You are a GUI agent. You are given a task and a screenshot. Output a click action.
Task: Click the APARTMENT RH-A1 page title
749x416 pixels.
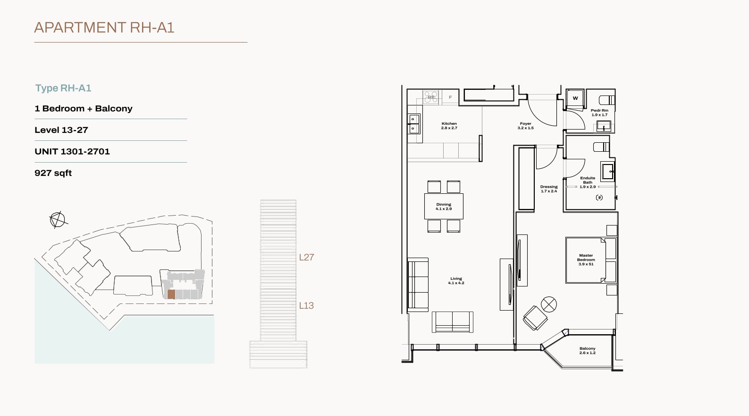click(104, 27)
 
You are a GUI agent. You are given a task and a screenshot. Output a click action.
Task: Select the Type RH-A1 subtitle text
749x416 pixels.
click(63, 88)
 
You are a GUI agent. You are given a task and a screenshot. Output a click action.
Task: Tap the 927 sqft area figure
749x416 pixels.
click(53, 173)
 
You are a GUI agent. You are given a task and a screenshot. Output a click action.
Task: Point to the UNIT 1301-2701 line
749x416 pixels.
click(72, 151)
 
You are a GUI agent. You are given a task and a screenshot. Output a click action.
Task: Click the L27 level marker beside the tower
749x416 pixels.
click(306, 257)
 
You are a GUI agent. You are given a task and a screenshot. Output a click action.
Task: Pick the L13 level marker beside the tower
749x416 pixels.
click(306, 305)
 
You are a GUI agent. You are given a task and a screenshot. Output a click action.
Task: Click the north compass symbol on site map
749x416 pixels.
click(58, 220)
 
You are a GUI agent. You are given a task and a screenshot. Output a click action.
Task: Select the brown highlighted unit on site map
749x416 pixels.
click(171, 295)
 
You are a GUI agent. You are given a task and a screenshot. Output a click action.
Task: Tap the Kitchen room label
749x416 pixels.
click(449, 126)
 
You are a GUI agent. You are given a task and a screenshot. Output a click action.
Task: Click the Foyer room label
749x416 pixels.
click(526, 126)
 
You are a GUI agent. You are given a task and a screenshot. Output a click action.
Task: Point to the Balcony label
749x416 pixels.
click(588, 350)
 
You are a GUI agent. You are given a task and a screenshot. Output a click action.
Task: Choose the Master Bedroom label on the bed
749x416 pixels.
click(586, 260)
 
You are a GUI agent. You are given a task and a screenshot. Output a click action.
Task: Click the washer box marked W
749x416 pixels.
click(575, 98)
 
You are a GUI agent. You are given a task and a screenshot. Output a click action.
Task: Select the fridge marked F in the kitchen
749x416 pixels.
click(450, 97)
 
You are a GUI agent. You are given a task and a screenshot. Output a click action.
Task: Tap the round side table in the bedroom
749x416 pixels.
click(549, 304)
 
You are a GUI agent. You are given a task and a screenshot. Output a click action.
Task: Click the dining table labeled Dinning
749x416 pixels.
click(444, 206)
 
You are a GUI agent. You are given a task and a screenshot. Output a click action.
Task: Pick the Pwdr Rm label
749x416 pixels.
click(599, 113)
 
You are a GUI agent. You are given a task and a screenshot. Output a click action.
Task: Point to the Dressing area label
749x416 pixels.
click(549, 189)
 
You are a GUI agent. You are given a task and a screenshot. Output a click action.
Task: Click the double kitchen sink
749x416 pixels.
click(413, 124)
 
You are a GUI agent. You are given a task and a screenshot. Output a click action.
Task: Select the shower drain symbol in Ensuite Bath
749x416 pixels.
click(599, 198)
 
